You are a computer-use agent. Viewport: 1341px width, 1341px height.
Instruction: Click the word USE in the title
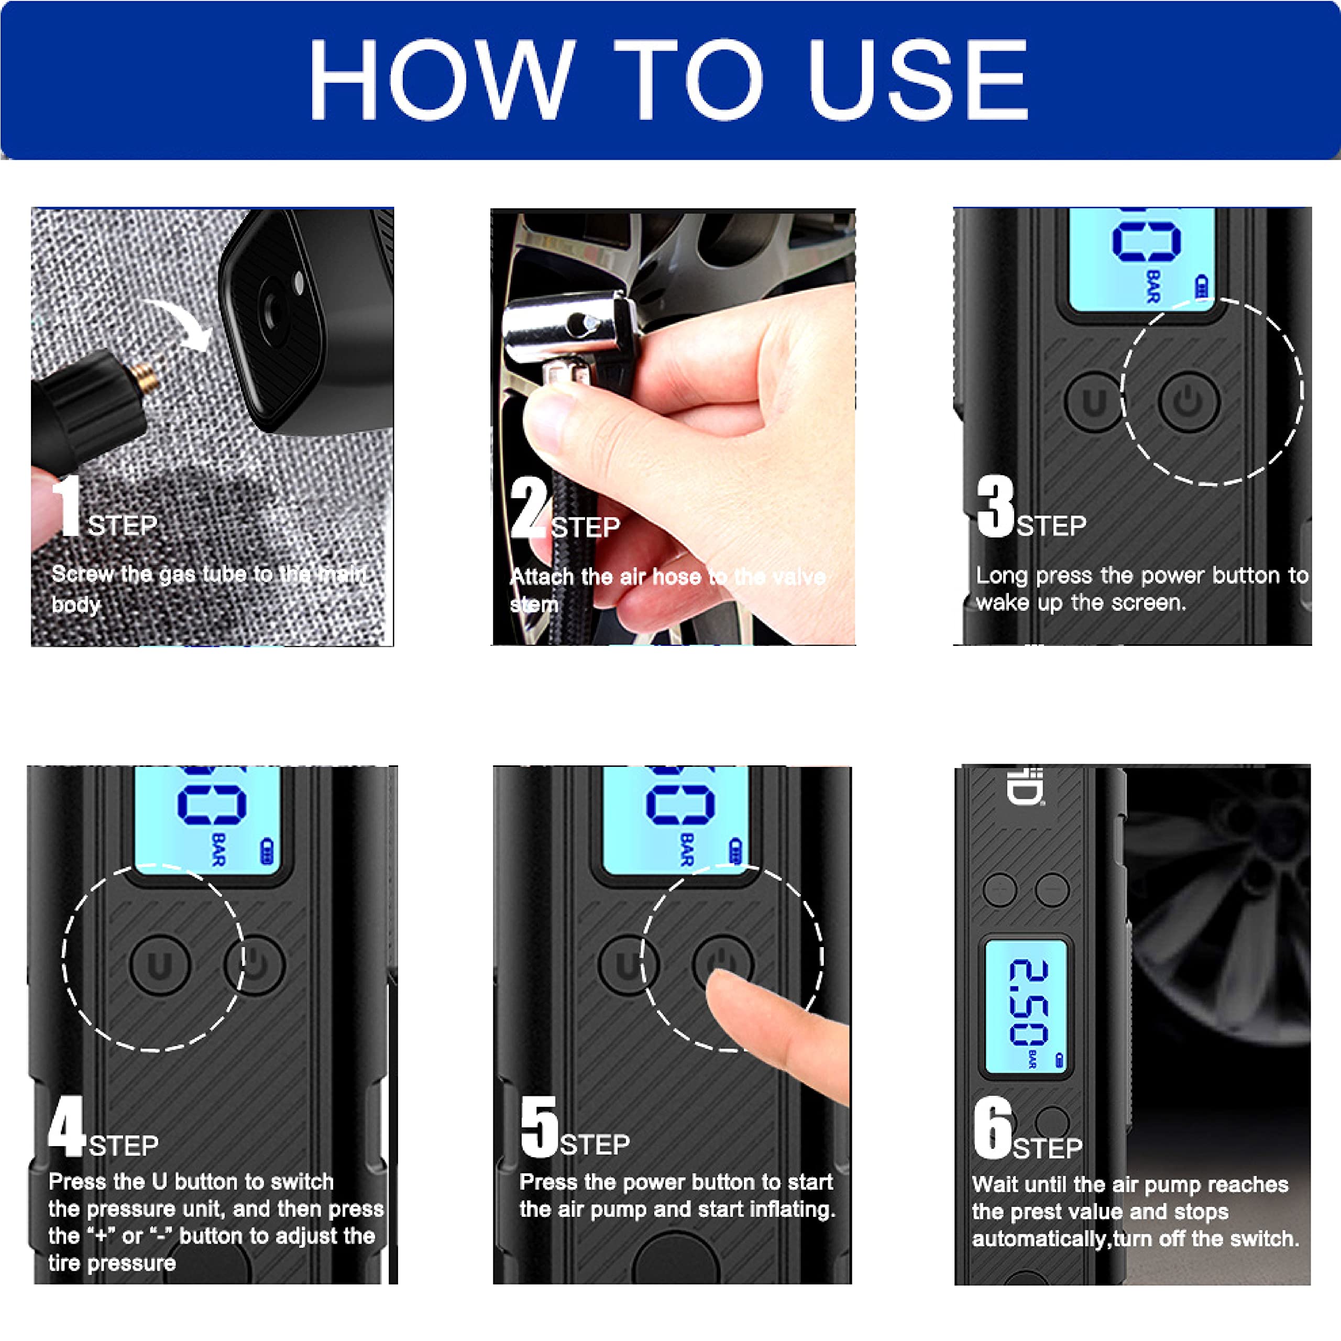[918, 79]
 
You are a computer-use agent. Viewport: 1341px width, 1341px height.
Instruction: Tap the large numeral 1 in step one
[68, 506]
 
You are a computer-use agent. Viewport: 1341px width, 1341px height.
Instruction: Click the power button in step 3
[1188, 401]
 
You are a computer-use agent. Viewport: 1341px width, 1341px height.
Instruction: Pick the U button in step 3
[1094, 402]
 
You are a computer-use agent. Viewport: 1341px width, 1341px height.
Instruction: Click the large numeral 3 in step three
[995, 506]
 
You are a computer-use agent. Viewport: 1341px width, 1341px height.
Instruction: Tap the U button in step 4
[160, 965]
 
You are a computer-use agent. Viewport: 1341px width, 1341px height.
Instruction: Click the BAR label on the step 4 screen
[218, 850]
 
